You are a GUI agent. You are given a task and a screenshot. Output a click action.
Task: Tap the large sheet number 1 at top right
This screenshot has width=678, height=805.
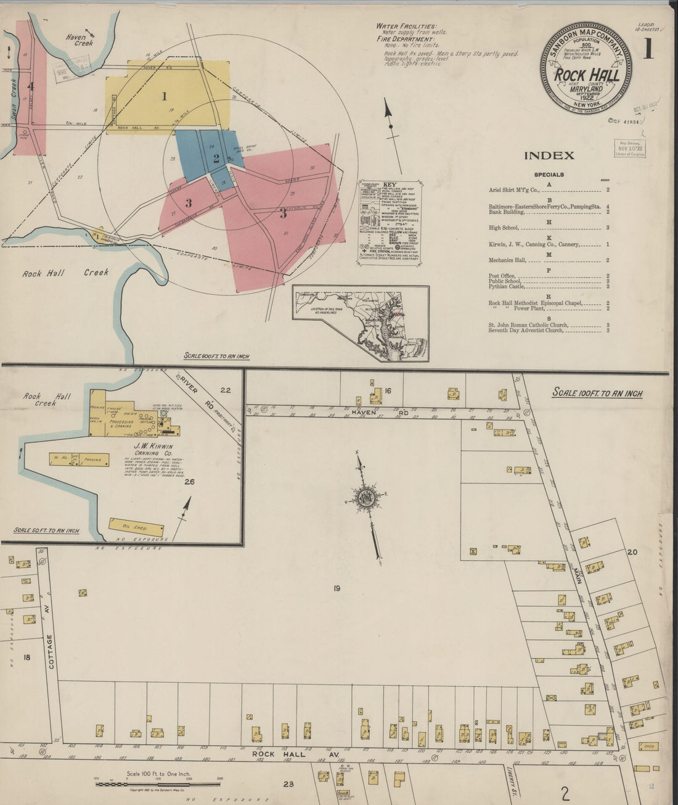click(x=648, y=47)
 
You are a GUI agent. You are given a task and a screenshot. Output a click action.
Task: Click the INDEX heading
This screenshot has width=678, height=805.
click(x=549, y=156)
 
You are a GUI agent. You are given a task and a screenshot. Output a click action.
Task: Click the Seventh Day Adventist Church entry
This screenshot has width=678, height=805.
click(x=525, y=331)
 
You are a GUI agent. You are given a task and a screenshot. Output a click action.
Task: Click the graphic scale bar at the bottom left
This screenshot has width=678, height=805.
click(x=158, y=784)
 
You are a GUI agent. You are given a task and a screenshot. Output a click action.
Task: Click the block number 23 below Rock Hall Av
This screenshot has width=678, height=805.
click(x=288, y=785)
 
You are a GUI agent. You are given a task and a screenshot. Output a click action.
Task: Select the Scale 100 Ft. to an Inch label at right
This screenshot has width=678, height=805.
click(x=597, y=393)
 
